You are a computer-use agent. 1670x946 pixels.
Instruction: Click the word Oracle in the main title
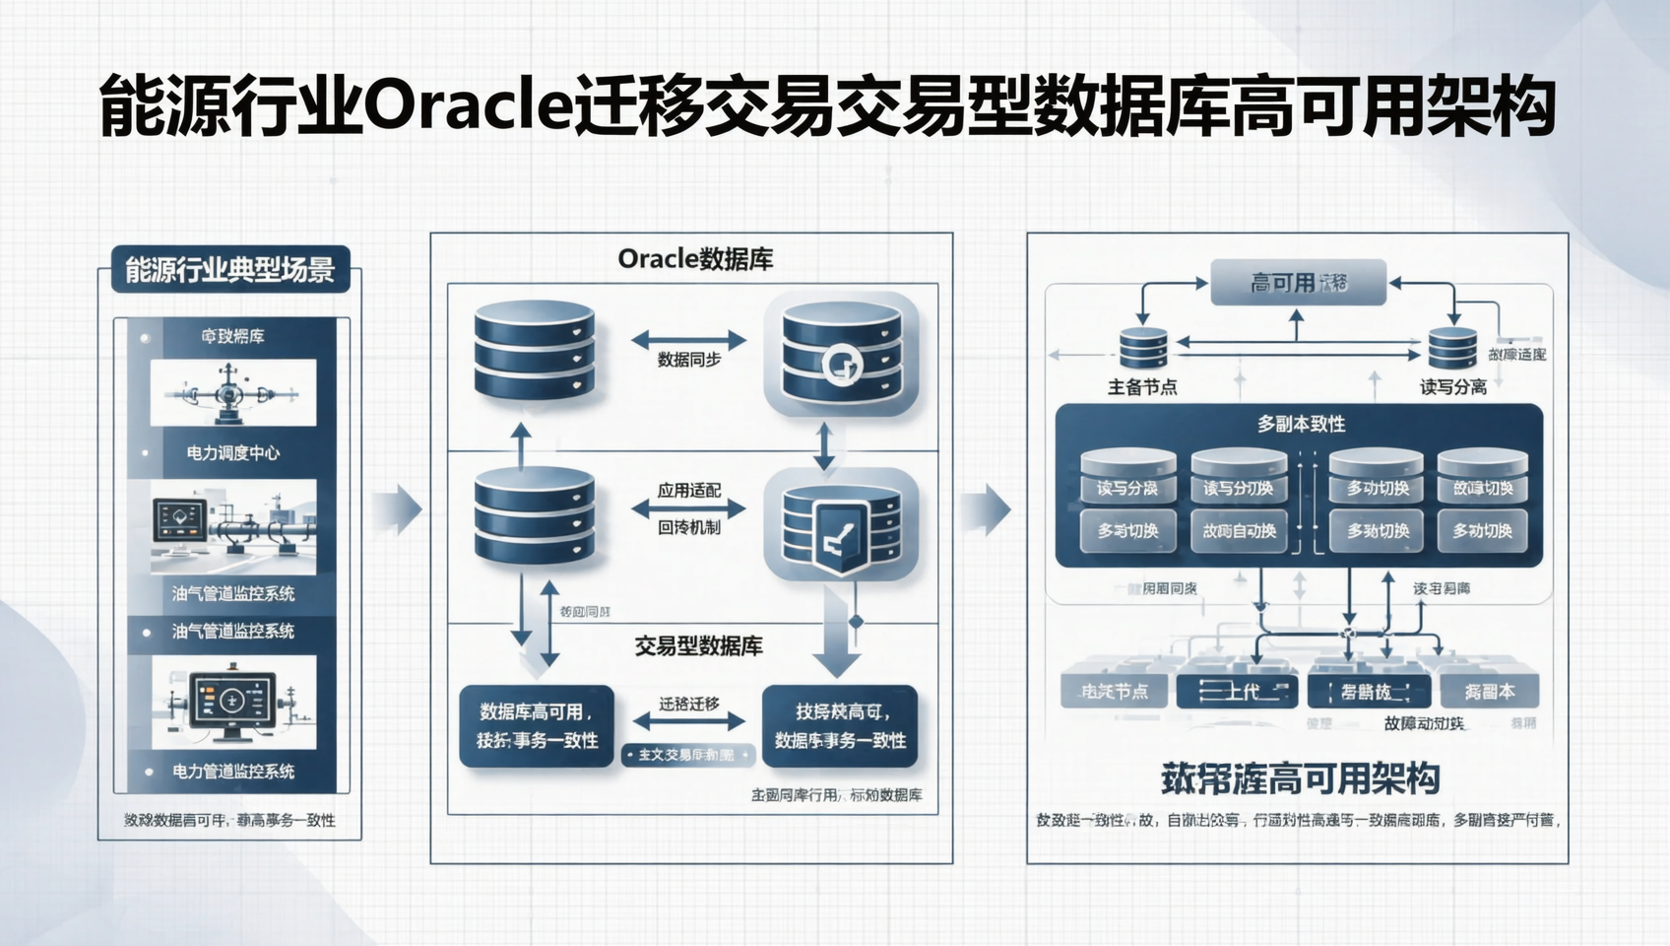click(x=468, y=106)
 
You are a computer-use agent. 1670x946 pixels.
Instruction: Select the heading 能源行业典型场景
click(x=229, y=269)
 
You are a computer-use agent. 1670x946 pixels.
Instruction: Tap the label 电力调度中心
click(x=233, y=453)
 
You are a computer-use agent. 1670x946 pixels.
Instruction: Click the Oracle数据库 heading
click(x=695, y=259)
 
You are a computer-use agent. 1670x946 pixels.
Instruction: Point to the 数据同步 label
click(x=689, y=361)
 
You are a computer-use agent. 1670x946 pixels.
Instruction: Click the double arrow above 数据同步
click(x=688, y=341)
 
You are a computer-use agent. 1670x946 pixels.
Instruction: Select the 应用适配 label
click(x=689, y=490)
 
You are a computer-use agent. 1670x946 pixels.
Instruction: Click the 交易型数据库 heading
click(x=698, y=646)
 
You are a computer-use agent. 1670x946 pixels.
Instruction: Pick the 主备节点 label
click(x=1142, y=387)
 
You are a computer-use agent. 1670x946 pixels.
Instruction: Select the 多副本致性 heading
click(x=1301, y=424)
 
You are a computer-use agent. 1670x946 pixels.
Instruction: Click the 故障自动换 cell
click(x=1239, y=531)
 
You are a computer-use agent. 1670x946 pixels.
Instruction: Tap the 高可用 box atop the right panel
click(x=1298, y=284)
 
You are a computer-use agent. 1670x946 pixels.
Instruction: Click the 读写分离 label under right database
click(x=1452, y=387)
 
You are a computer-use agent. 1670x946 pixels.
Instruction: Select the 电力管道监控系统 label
click(x=233, y=772)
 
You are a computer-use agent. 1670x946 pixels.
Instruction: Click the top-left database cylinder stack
click(x=534, y=351)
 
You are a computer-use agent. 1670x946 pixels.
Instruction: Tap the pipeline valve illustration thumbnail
click(x=233, y=392)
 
